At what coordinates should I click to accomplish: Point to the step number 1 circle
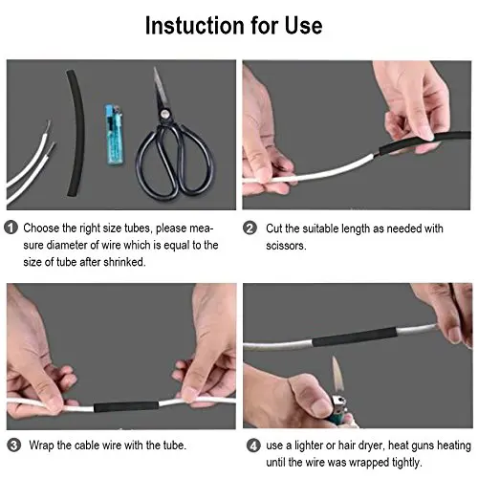(11, 228)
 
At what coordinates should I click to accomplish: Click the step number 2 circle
(250, 228)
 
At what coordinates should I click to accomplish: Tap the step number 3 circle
(11, 444)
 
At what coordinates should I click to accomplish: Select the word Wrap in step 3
(38, 444)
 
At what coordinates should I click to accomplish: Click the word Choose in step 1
(44, 228)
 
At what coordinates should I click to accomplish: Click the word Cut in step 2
(273, 228)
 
